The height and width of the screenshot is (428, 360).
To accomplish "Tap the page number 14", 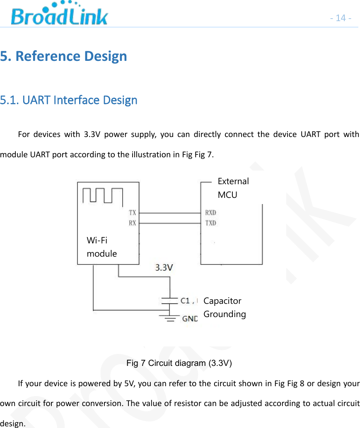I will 341,18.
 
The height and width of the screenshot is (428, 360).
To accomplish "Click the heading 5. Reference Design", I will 63,56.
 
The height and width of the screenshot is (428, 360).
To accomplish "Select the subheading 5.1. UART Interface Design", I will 69,100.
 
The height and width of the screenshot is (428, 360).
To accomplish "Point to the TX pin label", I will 132,213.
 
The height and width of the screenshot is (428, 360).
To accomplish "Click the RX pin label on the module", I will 132,223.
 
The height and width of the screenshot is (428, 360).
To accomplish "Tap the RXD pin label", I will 210,213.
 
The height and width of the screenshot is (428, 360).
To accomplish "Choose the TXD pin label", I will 210,223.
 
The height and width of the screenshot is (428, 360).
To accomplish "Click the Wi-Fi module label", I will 101,247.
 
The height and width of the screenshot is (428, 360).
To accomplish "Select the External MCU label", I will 233,188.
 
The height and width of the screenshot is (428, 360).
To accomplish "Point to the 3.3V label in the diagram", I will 164,268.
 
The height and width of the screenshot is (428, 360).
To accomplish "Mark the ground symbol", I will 169,317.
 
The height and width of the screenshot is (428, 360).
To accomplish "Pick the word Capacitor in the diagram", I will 222,301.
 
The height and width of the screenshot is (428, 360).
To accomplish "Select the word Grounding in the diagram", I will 225,314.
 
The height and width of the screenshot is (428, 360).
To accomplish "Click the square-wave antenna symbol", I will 103,195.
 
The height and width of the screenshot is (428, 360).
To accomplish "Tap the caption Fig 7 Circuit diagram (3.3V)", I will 179,363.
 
